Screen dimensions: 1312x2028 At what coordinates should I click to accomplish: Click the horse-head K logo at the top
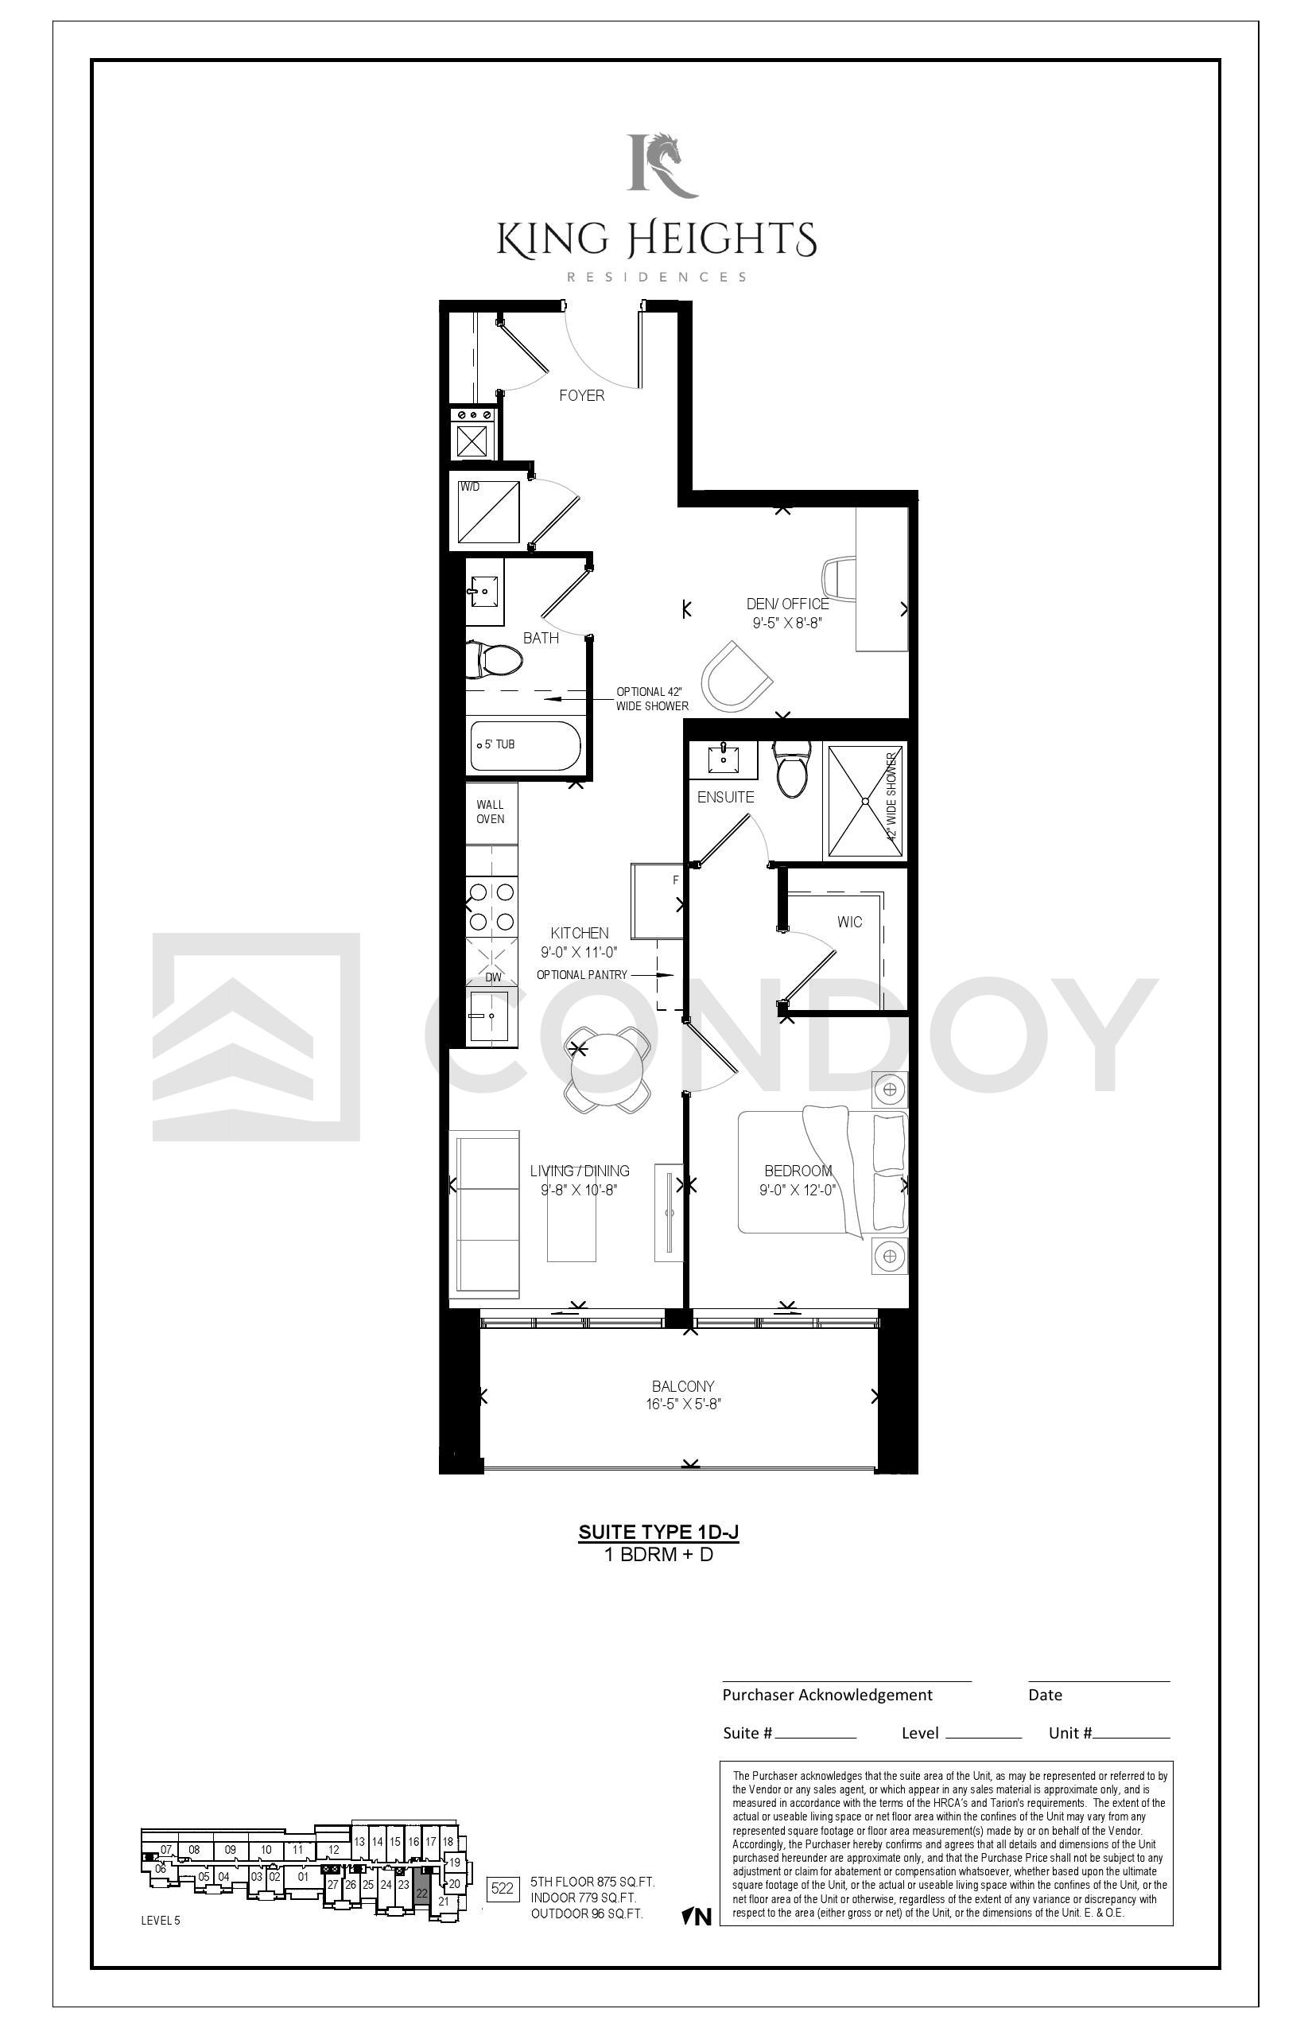click(x=662, y=165)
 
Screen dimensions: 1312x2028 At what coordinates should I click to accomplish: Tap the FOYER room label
click(x=582, y=395)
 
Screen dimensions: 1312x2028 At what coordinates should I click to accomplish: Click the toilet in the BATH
click(x=494, y=660)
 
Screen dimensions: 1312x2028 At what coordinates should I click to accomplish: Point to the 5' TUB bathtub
click(x=525, y=747)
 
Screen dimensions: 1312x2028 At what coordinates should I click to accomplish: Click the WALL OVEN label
click(x=491, y=811)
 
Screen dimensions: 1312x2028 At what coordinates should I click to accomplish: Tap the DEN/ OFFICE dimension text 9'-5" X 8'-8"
click(x=787, y=623)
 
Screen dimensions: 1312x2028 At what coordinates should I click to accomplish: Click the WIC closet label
click(x=849, y=922)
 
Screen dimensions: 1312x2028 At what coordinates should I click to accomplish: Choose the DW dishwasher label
click(x=493, y=977)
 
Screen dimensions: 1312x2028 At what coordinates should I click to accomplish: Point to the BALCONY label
click(x=682, y=1386)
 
